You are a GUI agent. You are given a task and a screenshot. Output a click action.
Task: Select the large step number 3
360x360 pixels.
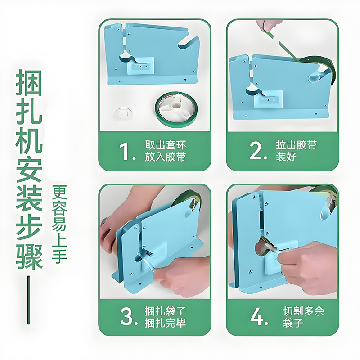(x=129, y=317)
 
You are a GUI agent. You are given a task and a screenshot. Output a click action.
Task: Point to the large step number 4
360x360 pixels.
(x=259, y=317)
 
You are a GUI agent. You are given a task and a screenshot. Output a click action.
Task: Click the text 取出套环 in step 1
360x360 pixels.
(x=165, y=145)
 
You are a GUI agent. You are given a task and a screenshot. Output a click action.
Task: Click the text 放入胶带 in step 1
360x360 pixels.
(x=165, y=157)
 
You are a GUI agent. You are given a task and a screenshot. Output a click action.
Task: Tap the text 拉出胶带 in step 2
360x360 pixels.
(x=297, y=145)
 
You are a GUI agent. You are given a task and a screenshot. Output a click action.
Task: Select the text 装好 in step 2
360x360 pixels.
(x=286, y=157)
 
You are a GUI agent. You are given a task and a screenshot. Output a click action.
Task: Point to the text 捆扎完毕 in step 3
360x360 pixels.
(x=165, y=323)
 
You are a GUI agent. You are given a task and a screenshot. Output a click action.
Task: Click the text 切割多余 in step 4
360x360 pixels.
(x=303, y=311)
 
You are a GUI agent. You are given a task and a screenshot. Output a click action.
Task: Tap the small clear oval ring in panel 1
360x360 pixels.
(x=123, y=114)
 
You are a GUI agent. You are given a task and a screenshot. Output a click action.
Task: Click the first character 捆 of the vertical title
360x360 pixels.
(x=29, y=83)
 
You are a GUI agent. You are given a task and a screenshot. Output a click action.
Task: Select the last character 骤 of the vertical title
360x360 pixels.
(x=29, y=256)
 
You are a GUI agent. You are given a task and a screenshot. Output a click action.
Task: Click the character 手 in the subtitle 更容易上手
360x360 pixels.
(x=59, y=256)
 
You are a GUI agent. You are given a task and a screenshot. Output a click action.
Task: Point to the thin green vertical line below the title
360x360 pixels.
(x=29, y=300)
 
